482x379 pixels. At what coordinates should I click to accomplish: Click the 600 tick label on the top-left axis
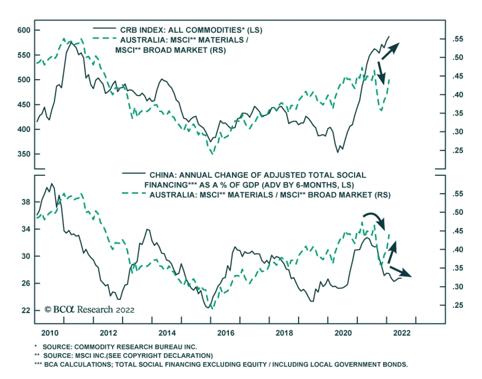[x=24, y=30]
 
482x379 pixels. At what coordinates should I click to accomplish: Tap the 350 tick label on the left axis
[x=24, y=154]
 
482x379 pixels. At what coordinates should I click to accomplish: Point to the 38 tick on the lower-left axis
[x=26, y=202]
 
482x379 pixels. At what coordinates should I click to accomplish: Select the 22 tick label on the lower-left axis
[x=26, y=310]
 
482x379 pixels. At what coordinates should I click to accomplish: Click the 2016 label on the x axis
[x=226, y=333]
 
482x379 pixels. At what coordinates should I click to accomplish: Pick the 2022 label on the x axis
[x=402, y=333]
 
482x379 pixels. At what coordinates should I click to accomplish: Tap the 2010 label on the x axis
[x=50, y=333]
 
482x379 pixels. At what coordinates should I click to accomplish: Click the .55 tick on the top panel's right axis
[x=457, y=39]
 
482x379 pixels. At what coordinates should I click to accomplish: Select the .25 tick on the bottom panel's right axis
[x=457, y=305]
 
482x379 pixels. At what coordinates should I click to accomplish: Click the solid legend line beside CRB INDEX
[x=104, y=28]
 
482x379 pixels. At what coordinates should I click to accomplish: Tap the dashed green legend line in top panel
[x=104, y=39]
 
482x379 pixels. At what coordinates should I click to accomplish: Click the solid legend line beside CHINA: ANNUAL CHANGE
[x=133, y=173]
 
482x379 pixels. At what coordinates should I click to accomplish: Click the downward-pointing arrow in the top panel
[x=381, y=73]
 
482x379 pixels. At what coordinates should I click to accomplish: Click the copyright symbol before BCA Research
[x=48, y=309]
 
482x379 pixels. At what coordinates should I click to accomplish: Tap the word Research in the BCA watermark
[x=95, y=309]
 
